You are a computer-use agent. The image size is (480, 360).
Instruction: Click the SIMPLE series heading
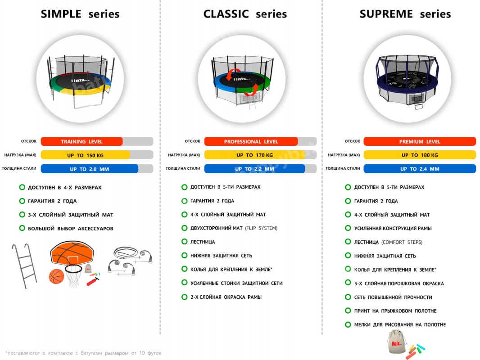pos(80,14)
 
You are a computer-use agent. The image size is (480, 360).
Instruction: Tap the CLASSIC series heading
pos(245,14)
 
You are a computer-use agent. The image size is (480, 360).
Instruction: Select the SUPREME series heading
pos(405,14)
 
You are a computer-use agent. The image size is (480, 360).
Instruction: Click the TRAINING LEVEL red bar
pos(82,141)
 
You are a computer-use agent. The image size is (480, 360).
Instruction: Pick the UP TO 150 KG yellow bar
pos(85,155)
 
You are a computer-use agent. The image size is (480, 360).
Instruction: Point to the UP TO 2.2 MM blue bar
pos(254,169)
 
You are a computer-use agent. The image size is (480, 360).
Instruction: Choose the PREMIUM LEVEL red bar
pos(419,141)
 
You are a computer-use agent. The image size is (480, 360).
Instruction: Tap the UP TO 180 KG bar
pos(419,155)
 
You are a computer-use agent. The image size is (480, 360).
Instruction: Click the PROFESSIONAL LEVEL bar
pos(251,141)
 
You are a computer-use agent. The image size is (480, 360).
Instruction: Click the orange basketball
pos(56,276)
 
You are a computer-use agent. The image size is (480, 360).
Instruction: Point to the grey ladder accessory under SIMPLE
pos(25,266)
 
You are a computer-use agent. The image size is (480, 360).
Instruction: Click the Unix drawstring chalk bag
pos(396,342)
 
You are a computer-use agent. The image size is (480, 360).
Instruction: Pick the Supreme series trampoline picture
pos(407,79)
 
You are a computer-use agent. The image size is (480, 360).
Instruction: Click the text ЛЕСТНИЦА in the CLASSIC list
pos(203,242)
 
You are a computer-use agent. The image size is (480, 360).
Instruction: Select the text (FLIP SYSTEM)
pos(261,228)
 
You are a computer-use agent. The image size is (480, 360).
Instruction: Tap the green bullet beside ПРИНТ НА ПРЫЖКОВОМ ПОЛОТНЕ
pos(348,310)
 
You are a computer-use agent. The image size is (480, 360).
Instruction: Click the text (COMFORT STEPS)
pos(402,242)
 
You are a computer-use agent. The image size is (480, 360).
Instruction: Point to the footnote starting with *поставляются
pos(83,353)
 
